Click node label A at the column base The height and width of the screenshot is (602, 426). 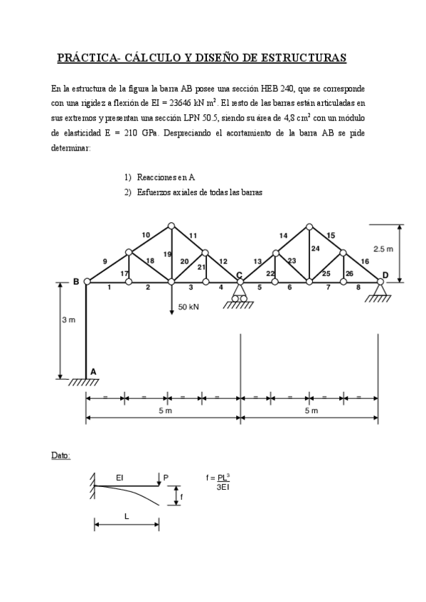[92, 371]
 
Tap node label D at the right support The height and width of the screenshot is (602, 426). [385, 275]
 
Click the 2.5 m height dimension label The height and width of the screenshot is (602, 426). [383, 248]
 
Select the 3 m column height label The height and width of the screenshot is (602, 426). [68, 320]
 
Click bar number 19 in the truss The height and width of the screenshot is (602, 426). [167, 254]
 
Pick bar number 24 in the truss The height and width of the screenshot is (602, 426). [315, 248]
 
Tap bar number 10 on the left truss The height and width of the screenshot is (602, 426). [146, 234]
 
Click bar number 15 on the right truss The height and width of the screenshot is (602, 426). [331, 235]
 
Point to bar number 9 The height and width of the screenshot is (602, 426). [105, 262]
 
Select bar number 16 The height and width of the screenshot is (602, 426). [365, 262]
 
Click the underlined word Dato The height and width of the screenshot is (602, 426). [60, 455]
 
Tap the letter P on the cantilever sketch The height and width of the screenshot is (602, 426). [166, 478]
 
